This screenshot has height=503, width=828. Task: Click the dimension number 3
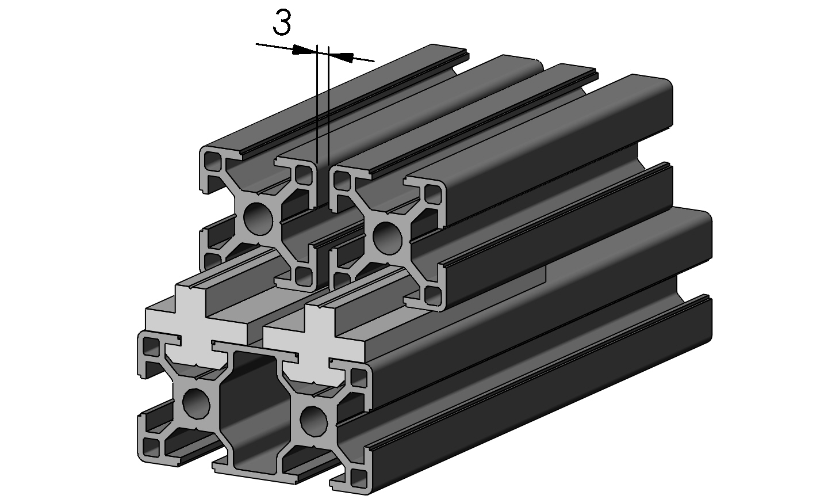tap(281, 24)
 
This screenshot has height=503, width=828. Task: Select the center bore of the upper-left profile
tap(257, 218)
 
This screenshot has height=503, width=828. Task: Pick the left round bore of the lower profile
tap(196, 403)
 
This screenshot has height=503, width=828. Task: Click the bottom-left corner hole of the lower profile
tap(151, 446)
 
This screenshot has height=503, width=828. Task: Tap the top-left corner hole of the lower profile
tap(151, 348)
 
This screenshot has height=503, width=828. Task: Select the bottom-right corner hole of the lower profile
tap(357, 478)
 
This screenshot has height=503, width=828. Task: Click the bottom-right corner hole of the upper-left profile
tap(302, 275)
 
